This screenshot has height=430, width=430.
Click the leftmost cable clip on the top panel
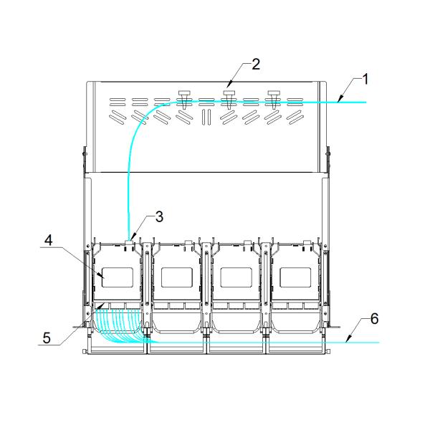pos(183,97)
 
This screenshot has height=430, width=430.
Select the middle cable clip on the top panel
pos(229,97)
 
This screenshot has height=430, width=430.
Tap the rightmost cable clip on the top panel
pos(273,97)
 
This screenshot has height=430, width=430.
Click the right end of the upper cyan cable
pos(365,102)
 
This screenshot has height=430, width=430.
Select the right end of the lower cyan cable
pos(378,343)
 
